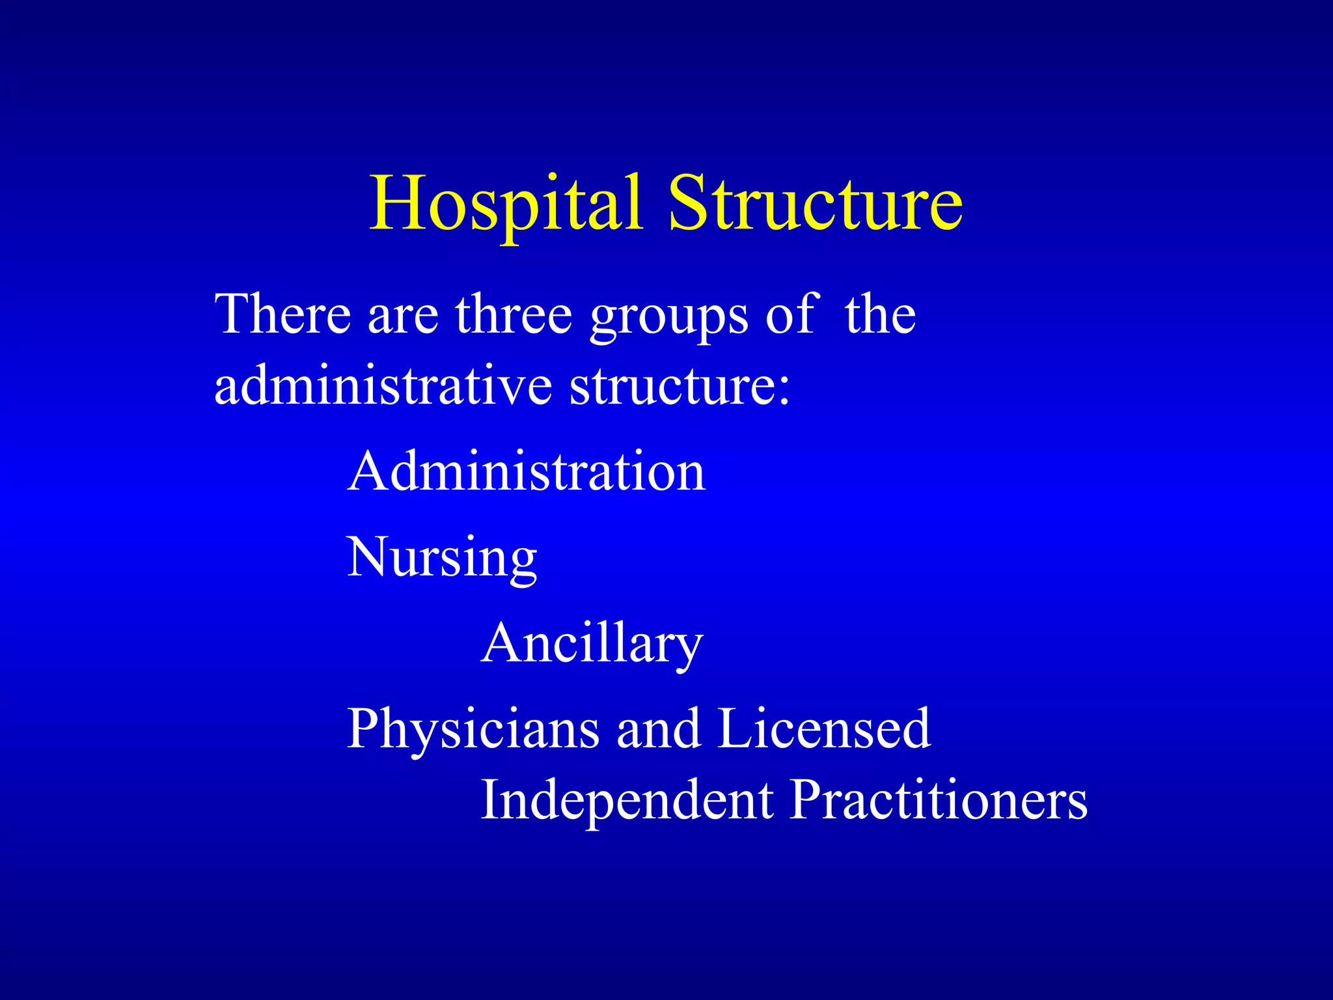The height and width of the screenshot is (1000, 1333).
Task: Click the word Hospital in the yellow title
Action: tap(506, 203)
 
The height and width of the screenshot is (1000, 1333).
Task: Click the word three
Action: tap(514, 314)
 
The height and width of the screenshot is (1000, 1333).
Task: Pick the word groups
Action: tap(668, 319)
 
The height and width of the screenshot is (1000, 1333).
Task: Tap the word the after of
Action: tap(881, 314)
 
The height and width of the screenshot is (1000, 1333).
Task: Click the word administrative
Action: tap(383, 385)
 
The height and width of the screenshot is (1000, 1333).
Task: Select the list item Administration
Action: tap(527, 471)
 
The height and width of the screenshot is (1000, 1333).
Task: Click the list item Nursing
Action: tap(442, 559)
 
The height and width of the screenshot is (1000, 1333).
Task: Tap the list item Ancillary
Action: tap(592, 643)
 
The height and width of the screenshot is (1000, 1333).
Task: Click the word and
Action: tap(658, 729)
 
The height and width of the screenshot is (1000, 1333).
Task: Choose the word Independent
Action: tap(627, 801)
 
